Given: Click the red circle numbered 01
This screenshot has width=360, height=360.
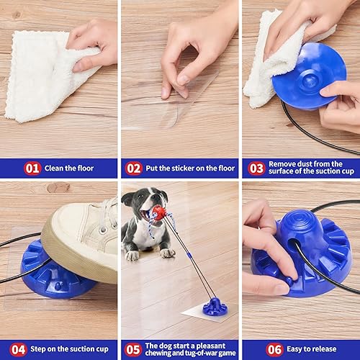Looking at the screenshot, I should (32, 168).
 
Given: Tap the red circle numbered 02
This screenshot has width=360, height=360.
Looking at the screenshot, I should (134, 168).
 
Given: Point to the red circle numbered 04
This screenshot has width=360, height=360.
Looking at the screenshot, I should (18, 349).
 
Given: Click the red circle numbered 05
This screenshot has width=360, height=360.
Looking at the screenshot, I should (132, 349).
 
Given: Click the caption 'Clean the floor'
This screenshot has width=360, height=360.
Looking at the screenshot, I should (69, 168).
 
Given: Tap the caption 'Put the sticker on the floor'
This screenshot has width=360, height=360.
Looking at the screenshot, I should (190, 168).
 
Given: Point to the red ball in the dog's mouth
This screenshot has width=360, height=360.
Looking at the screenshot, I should (158, 212).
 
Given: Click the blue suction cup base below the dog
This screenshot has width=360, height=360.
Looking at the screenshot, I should (214, 306).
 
